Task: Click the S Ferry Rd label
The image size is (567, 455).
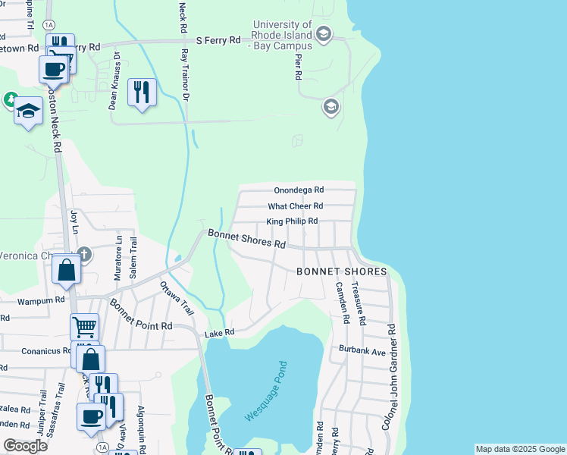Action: click(x=218, y=39)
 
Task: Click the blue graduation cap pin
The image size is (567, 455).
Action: click(x=28, y=111)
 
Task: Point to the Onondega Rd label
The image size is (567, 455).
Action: click(x=299, y=190)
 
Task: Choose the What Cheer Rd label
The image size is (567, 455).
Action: click(x=296, y=206)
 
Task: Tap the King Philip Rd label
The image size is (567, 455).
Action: click(x=292, y=221)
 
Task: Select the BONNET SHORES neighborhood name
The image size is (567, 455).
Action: click(x=341, y=271)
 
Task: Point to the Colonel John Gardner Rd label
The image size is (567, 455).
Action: click(x=389, y=377)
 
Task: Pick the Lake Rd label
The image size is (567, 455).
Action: click(x=220, y=332)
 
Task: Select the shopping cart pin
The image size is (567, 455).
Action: click(x=84, y=328)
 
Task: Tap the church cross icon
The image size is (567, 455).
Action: click(x=84, y=255)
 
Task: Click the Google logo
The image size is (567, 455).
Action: click(x=25, y=446)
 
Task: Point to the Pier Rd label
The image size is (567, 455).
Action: click(x=297, y=66)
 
